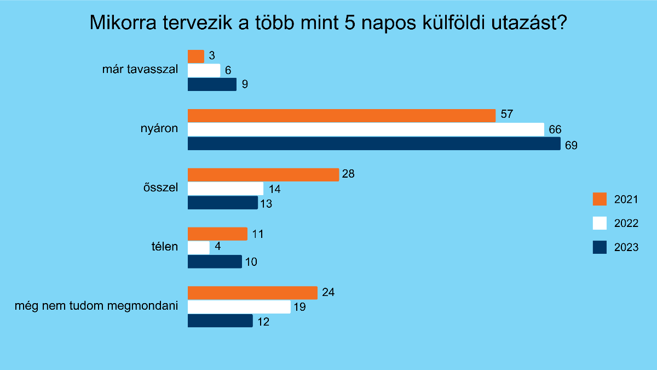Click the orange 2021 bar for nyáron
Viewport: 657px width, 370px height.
342,115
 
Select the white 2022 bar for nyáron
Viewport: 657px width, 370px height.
366,129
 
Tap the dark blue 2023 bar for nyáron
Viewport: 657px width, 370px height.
374,144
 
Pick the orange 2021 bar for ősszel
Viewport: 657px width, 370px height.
263,175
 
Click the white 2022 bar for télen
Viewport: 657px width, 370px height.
199,248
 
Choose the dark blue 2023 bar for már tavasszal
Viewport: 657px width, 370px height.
212,84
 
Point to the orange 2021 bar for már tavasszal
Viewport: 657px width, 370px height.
196,56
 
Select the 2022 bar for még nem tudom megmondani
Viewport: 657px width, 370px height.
239,307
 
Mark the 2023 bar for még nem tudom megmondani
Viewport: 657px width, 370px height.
220,321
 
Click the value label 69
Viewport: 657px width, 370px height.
572,146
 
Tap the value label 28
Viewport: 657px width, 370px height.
348,174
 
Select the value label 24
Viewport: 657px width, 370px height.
328,292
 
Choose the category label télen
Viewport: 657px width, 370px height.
165,247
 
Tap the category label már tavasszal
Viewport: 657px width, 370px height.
140,70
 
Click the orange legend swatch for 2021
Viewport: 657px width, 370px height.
600,199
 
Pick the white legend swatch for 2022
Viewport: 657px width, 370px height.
600,223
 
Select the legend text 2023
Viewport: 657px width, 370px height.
626,248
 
